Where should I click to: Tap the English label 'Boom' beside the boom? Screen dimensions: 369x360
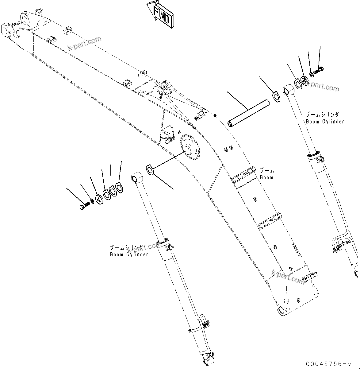pos(266,177)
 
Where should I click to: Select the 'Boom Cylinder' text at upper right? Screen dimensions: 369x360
pos(325,121)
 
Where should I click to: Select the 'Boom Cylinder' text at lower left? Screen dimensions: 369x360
pos(129,254)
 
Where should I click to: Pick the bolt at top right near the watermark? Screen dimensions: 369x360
pos(319,71)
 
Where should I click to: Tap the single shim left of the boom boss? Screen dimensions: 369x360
pos(150,169)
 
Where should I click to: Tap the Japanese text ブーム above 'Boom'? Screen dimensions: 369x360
pos(267,170)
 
